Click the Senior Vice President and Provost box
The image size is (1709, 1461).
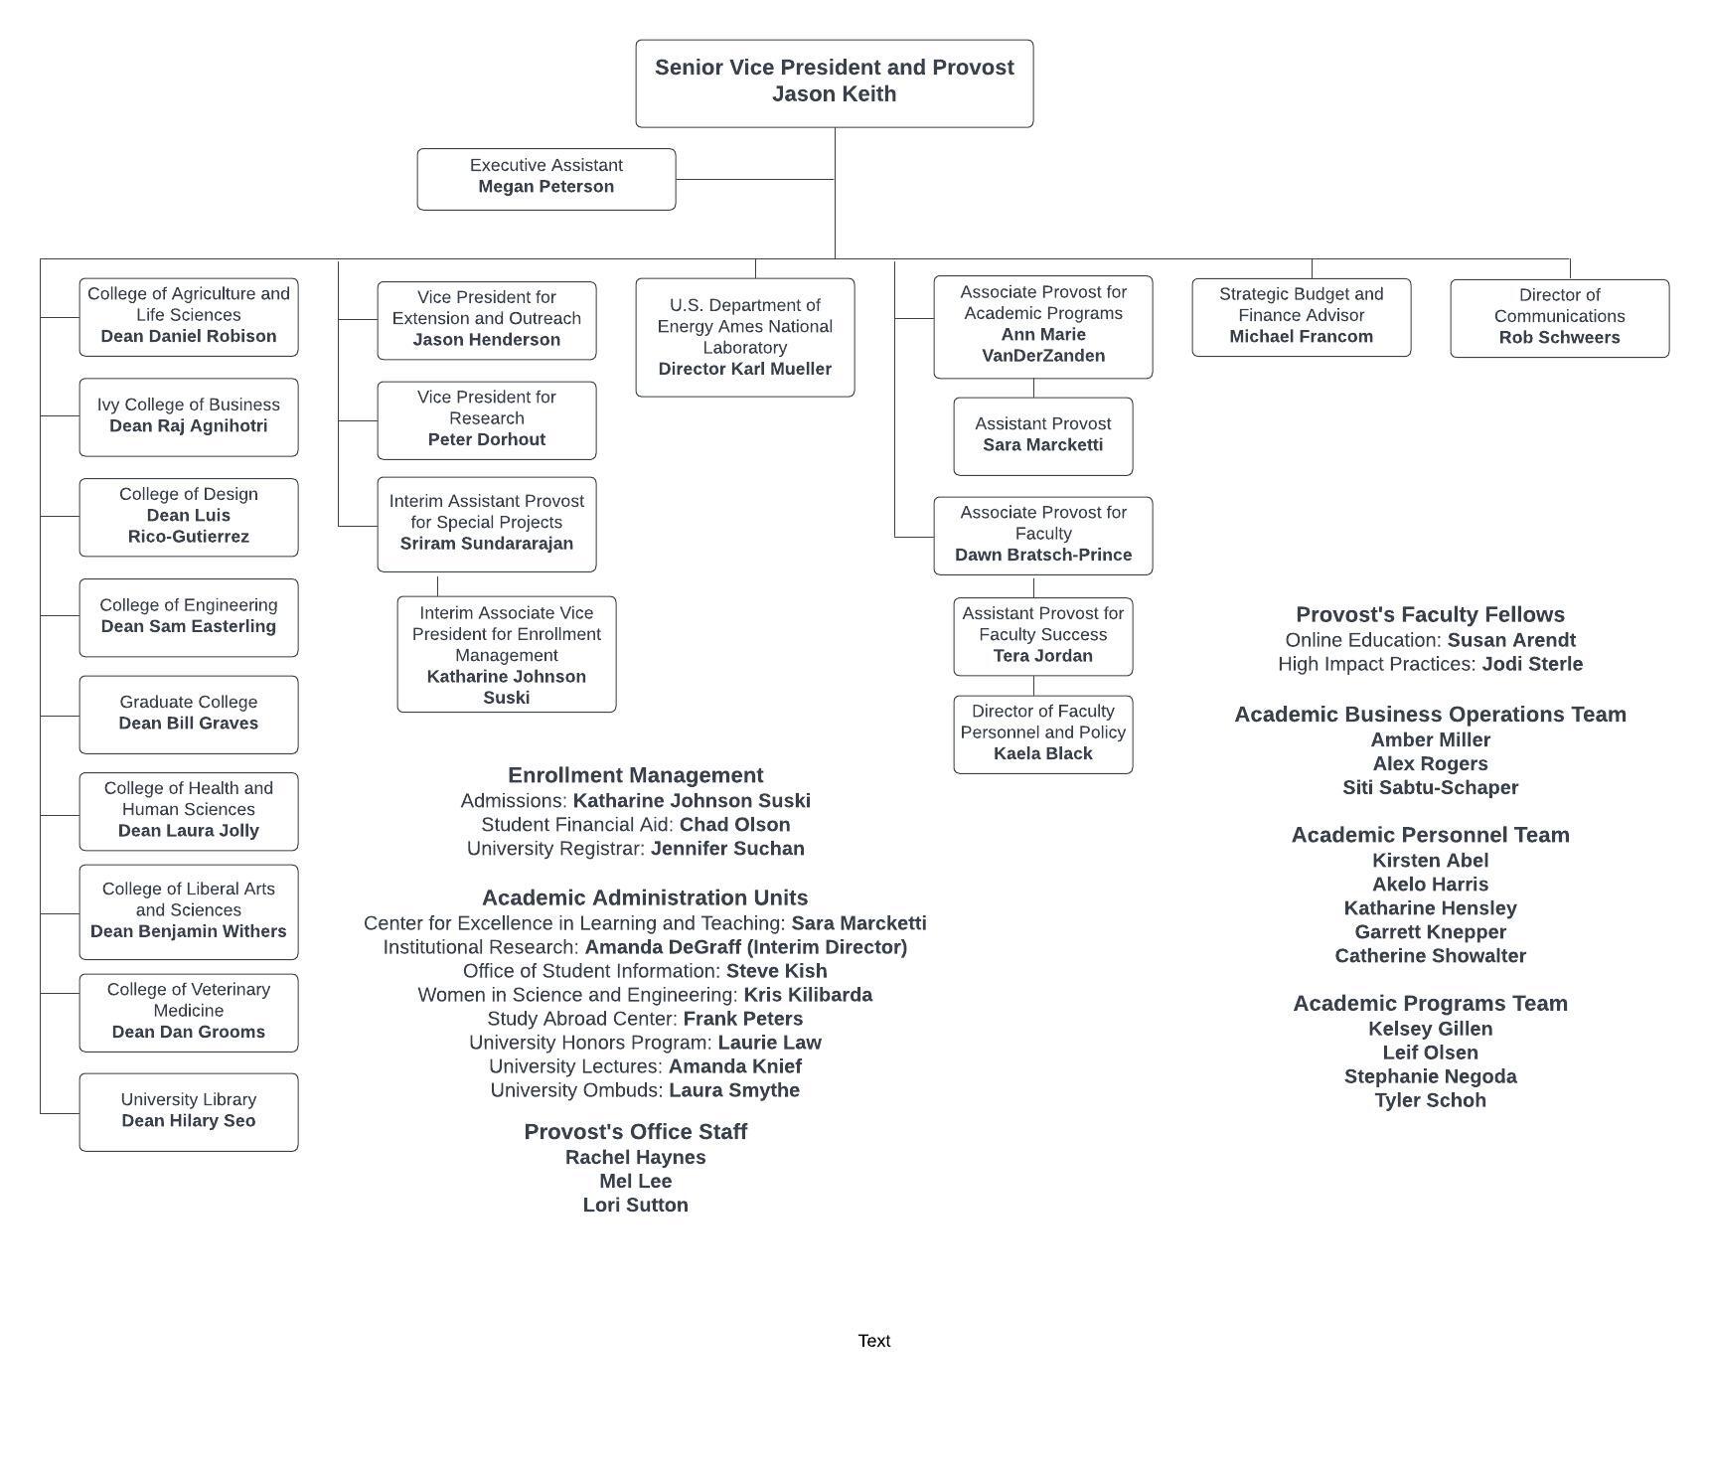(835, 83)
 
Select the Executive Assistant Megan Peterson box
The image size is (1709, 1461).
(546, 180)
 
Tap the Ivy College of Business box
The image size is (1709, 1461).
(189, 417)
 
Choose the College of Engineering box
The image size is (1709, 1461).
(189, 617)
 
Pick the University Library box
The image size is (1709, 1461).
(189, 1112)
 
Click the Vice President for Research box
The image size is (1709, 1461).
(487, 420)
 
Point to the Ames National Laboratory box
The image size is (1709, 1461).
(745, 338)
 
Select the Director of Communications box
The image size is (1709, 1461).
(1560, 318)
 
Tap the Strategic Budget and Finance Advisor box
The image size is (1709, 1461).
(1302, 317)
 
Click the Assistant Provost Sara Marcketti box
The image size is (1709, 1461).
(1043, 436)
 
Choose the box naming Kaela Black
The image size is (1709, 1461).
(1043, 734)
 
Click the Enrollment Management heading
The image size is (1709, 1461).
(636, 775)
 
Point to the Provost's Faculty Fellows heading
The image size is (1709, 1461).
(1431, 614)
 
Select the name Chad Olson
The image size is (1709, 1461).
(735, 825)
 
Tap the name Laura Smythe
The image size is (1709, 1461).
(734, 1090)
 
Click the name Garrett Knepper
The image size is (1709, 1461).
(1431, 932)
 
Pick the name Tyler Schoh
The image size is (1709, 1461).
(1431, 1100)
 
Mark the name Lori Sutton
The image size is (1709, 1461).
(636, 1205)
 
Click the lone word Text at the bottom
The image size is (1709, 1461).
(874, 1341)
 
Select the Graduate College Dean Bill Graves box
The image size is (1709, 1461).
(189, 715)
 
